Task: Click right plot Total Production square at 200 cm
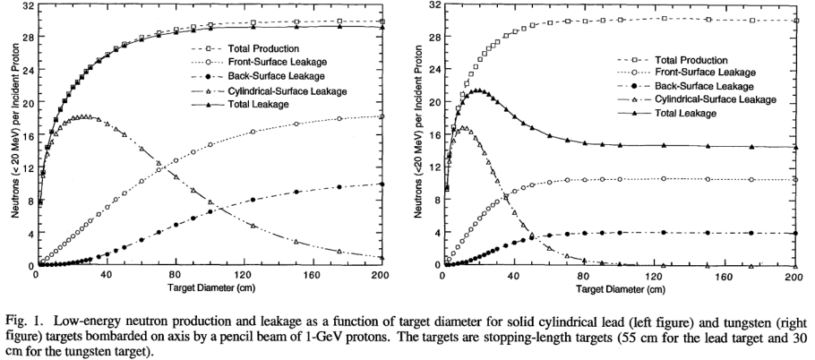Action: (x=794, y=21)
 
